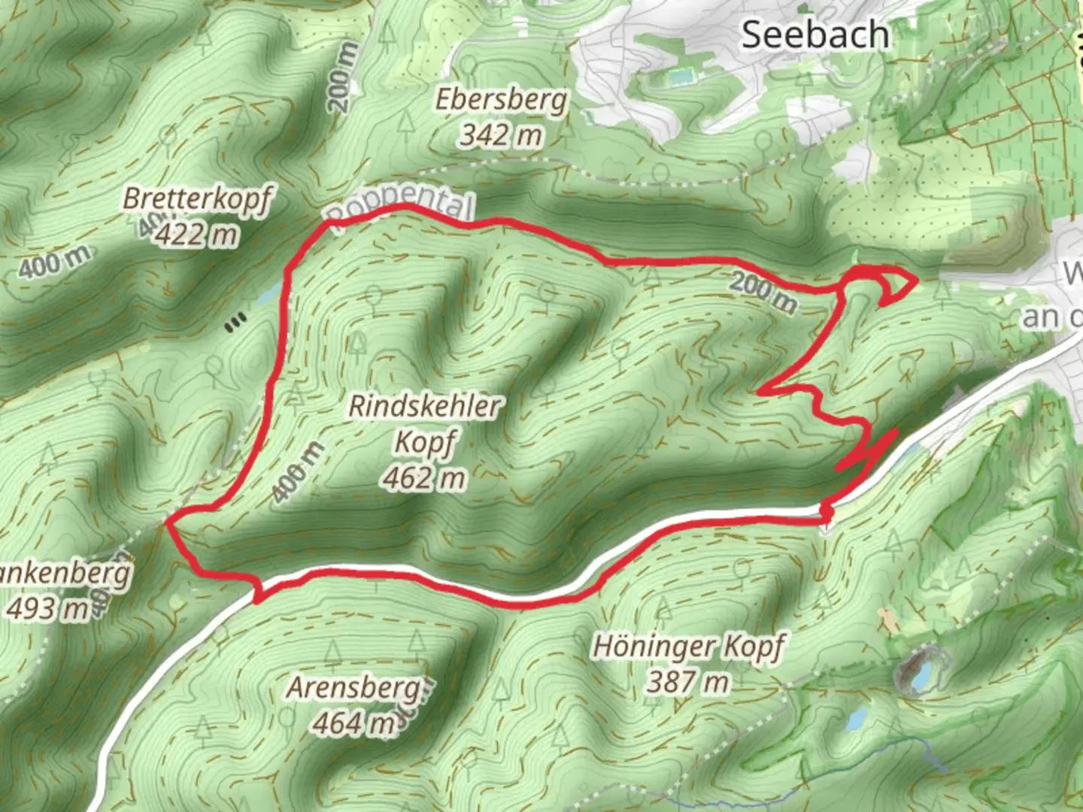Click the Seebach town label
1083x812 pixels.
815,35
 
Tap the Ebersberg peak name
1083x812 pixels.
502,99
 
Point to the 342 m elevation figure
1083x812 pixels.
501,135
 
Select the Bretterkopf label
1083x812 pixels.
198,199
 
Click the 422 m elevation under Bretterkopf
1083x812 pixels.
197,235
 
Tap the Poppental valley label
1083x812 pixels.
401,207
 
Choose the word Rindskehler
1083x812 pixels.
425,407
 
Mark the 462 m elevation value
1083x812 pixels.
424,477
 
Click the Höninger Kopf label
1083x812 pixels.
689,647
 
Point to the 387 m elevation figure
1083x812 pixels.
688,682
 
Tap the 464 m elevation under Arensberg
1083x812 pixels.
354,723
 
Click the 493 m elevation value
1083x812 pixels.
47,608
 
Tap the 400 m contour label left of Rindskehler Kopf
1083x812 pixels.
298,472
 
